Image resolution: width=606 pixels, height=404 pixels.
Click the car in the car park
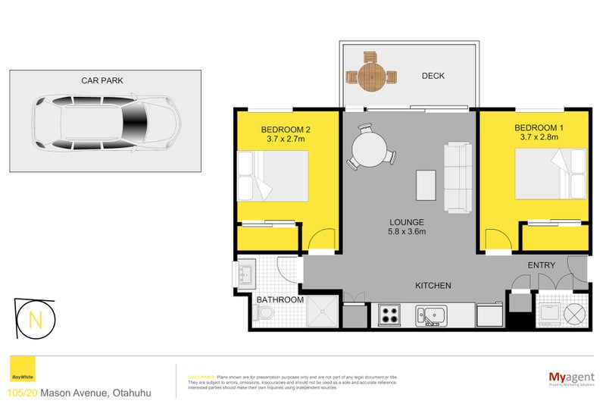[x=106, y=122]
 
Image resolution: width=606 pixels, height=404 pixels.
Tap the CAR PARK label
[x=102, y=80]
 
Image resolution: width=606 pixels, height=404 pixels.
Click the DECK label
[x=433, y=76]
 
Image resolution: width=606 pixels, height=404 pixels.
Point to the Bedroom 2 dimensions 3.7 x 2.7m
[x=286, y=139]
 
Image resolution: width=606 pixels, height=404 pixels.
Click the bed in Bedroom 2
[x=273, y=176]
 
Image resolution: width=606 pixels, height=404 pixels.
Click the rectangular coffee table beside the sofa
[x=426, y=184]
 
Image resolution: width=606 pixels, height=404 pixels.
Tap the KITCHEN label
[x=433, y=286]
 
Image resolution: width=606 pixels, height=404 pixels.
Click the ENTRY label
[x=541, y=265]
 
